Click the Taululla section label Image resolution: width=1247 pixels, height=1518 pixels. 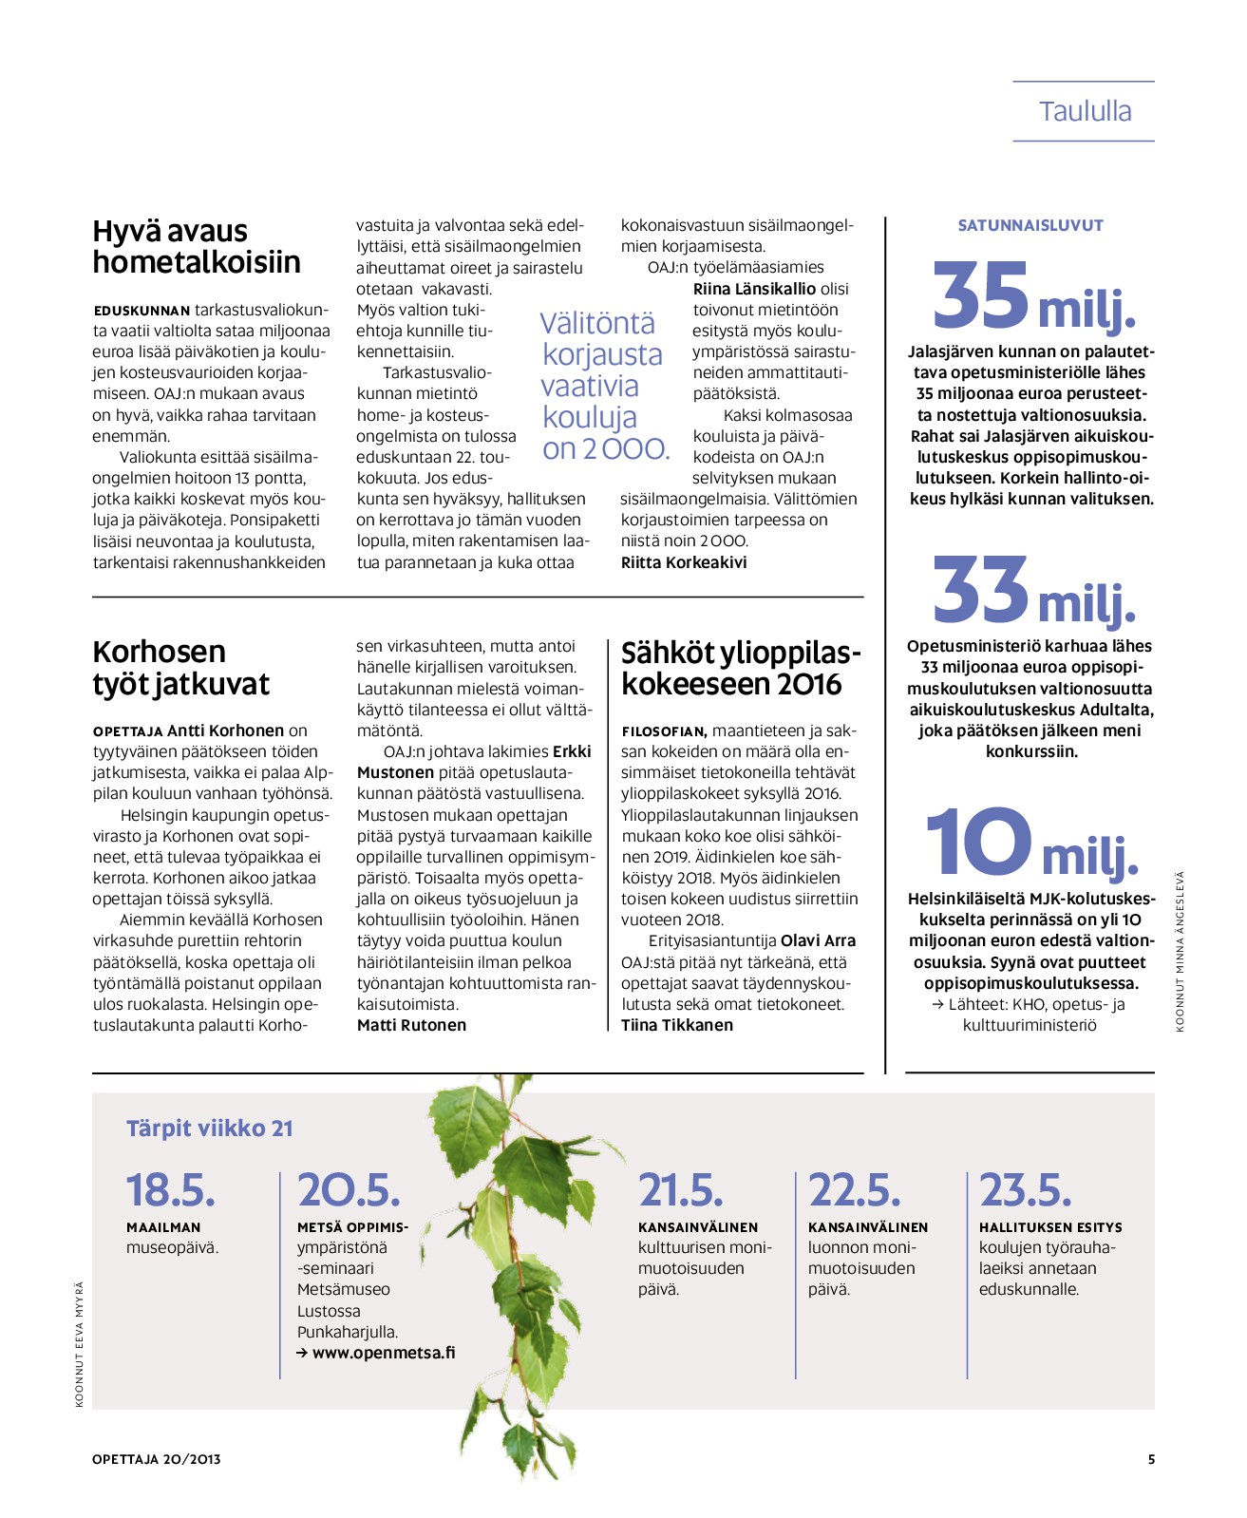pos(1085,112)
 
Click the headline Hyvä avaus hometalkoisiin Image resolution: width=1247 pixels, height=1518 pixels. pos(197,246)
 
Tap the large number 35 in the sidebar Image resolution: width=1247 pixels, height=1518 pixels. pos(982,294)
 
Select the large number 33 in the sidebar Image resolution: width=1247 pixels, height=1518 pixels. pos(982,590)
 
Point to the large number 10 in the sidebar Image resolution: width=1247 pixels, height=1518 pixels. pos(978,843)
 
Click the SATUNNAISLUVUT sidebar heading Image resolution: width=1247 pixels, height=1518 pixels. pos(1030,226)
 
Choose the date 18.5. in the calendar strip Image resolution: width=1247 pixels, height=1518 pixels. pos(171,1190)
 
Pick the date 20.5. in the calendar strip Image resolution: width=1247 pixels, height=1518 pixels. pos(349,1190)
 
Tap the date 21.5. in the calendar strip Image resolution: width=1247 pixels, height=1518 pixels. pos(680,1190)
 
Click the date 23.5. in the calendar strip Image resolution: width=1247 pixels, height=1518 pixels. pos(1026,1190)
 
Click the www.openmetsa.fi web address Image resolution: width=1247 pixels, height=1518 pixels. pos(383,1353)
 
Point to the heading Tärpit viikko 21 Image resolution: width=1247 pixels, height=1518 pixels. pos(210,1129)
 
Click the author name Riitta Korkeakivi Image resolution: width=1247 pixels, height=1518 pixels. pos(684,562)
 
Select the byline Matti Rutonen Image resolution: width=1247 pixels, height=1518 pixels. pos(411,1025)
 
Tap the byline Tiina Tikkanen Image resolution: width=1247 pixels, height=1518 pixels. pos(677,1025)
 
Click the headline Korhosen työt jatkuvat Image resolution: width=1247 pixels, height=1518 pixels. pos(180,668)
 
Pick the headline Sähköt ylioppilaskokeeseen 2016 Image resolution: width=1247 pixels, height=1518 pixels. pos(741,668)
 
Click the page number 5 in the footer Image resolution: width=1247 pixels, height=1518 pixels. pos(1151,1459)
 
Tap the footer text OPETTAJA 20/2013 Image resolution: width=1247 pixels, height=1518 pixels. pos(157,1459)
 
